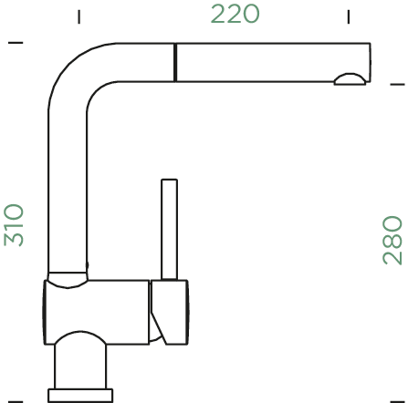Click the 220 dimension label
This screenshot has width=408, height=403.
coord(235,14)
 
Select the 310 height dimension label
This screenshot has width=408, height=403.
coord(14,225)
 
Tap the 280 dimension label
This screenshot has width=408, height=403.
coord(392,240)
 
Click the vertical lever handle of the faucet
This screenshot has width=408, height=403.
coord(169,229)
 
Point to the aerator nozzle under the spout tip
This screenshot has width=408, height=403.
coord(350,79)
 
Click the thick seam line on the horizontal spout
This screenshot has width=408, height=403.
coord(175,63)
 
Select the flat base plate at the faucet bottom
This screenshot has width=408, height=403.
coord(80,396)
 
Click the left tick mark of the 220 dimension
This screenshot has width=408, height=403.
coord(79,16)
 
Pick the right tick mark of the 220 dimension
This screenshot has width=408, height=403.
coord(349,16)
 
